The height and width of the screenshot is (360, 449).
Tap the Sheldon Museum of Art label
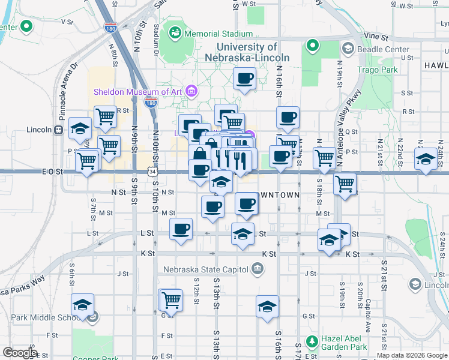139,92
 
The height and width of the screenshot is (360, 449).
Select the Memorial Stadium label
218,34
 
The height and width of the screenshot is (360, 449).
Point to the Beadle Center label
384,49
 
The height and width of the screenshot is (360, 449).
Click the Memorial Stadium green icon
176,32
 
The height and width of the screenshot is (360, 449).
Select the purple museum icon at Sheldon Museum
191,92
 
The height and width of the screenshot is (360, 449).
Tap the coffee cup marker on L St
181,230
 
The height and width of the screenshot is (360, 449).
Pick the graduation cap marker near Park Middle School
82,305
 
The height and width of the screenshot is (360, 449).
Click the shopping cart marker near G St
172,299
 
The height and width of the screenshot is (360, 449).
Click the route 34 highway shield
154,172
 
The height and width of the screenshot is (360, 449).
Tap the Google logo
20,353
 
